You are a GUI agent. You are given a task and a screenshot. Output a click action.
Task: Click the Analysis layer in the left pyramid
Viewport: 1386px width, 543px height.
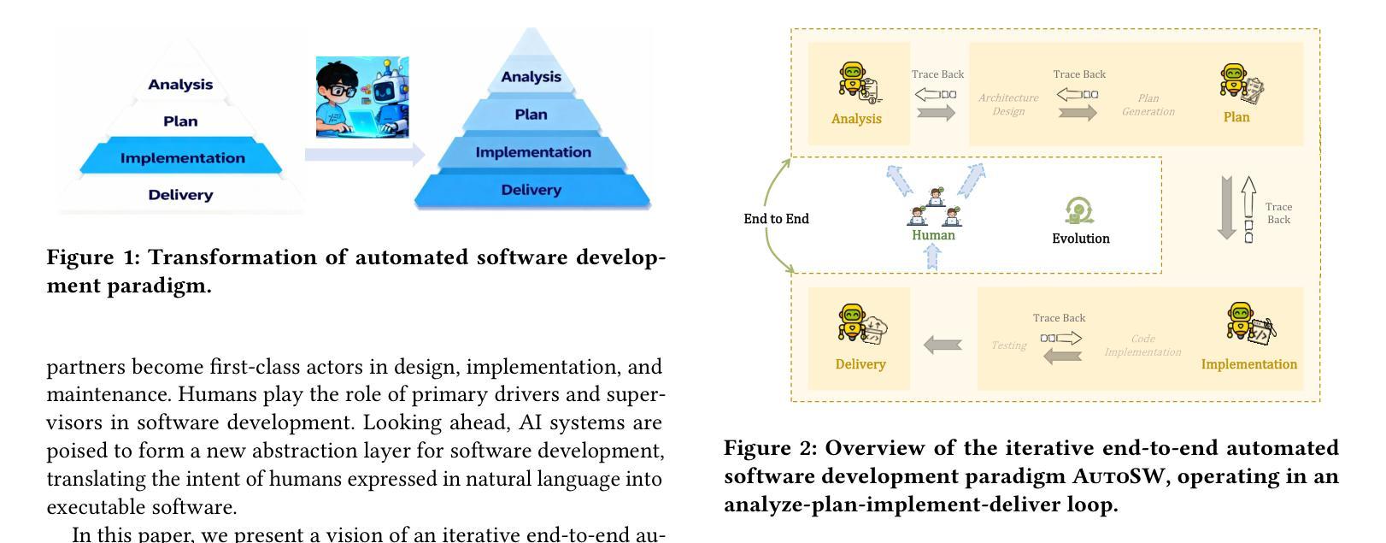(180, 84)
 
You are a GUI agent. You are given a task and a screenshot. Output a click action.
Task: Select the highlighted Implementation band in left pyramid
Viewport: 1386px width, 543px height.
(182, 158)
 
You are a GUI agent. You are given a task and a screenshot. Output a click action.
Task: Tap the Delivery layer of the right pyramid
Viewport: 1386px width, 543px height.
(531, 190)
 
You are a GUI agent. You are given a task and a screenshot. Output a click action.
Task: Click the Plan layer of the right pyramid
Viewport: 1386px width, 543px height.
(531, 115)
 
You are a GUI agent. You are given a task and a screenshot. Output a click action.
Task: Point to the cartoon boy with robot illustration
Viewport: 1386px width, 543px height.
(362, 97)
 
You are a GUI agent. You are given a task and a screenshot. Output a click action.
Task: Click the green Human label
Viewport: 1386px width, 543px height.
(933, 235)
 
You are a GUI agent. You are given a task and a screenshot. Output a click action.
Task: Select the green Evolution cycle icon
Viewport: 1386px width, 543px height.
(1079, 210)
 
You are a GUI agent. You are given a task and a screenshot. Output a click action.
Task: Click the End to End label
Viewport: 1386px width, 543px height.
(776, 219)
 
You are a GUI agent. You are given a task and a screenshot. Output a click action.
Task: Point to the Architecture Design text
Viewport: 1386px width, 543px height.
(1008, 104)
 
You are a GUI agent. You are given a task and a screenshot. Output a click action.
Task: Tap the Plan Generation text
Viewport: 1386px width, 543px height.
(1148, 104)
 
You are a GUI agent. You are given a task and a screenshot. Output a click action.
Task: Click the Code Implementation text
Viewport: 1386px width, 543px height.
(1142, 345)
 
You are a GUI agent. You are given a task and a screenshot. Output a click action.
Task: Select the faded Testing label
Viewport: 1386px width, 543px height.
(1008, 345)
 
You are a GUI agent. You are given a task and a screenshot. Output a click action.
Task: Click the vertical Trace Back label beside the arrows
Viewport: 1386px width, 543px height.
(1278, 213)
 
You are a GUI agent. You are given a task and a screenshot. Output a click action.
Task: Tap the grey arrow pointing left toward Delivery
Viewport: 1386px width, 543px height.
(943, 345)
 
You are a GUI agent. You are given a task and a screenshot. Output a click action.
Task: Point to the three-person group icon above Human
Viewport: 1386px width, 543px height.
(935, 207)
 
